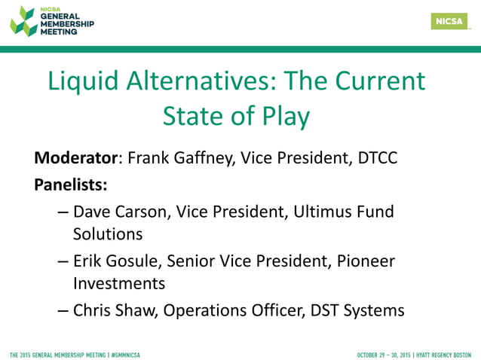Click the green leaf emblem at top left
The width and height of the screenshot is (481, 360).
(23, 21)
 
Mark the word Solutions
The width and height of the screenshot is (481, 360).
(108, 234)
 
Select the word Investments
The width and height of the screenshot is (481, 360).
(119, 283)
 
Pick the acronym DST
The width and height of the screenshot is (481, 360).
(324, 310)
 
